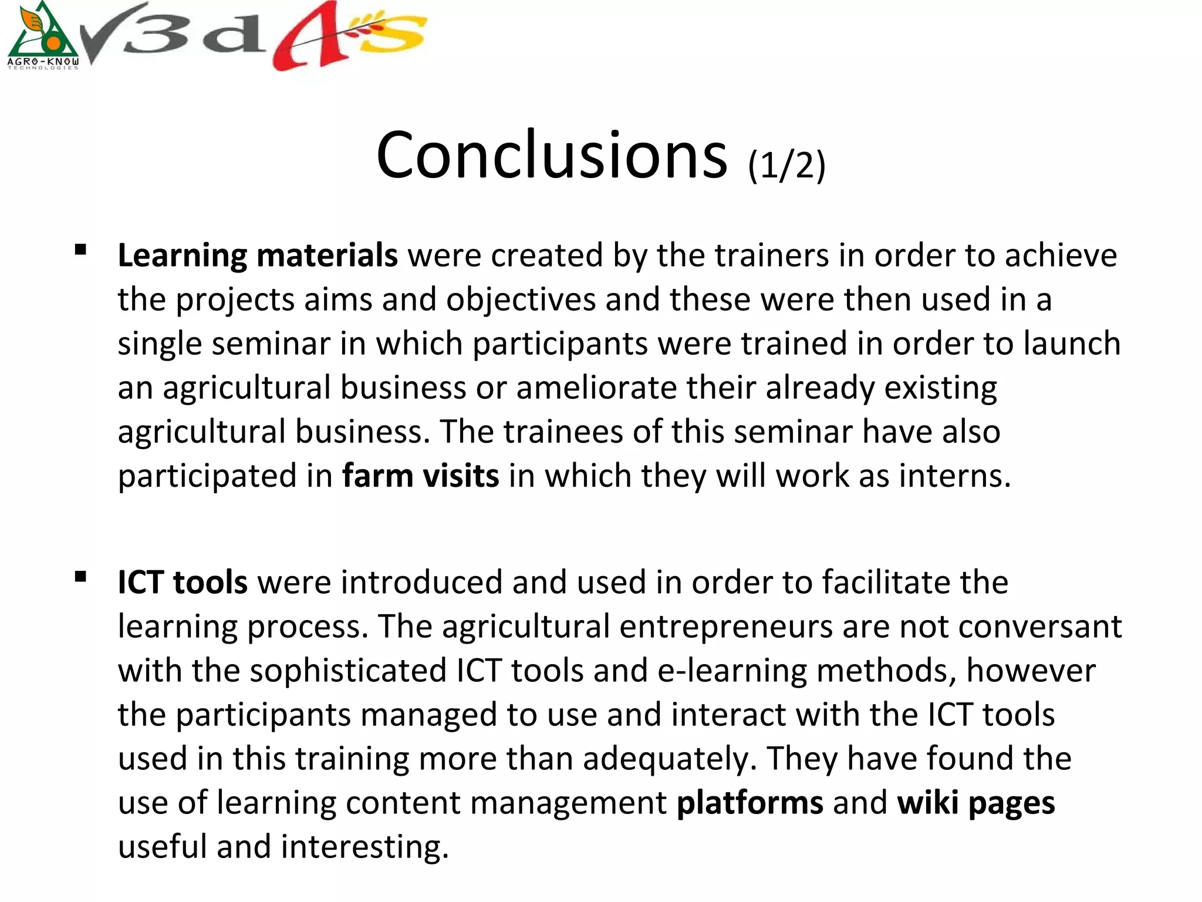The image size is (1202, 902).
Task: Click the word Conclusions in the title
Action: (552, 156)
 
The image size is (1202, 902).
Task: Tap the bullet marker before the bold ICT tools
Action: (81, 577)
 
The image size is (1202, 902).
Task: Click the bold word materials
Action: (327, 255)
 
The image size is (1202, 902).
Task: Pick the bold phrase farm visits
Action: (420, 476)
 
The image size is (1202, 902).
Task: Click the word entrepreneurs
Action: (725, 627)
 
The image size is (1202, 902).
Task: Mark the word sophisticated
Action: (348, 671)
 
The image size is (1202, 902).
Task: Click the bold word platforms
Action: (749, 803)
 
